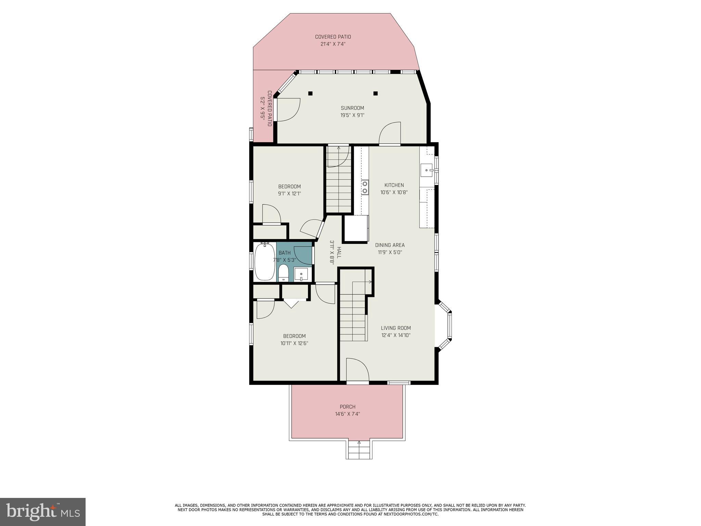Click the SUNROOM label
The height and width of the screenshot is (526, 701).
tap(352, 108)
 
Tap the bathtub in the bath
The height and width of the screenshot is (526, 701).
tap(265, 262)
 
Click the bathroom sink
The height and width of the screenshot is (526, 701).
tap(301, 274)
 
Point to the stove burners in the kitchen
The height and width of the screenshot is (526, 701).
tap(365, 187)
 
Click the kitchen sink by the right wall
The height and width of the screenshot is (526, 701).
tap(426, 170)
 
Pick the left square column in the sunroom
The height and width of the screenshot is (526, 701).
tap(310, 93)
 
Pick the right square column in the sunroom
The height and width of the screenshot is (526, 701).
tap(375, 93)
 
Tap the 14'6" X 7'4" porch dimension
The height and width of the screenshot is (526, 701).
tap(347, 414)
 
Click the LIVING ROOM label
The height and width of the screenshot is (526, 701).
tap(396, 328)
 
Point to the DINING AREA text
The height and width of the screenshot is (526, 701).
tap(390, 245)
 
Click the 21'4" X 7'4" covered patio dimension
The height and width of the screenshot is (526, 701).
tap(333, 44)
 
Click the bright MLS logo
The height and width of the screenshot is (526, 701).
tap(43, 512)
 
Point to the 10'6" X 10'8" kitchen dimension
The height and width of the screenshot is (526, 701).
tap(394, 192)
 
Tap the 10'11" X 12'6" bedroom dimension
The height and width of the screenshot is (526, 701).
tap(294, 343)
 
